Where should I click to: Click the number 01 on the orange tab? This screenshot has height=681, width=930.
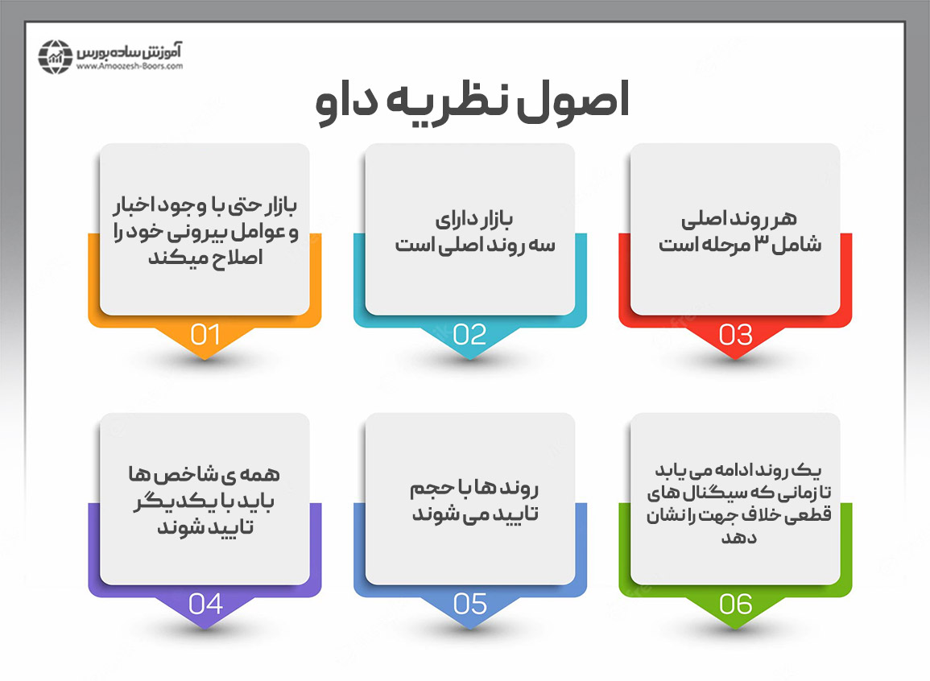205,334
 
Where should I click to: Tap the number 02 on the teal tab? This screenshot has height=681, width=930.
470,334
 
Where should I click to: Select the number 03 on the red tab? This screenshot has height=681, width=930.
735,334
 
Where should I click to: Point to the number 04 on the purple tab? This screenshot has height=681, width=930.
205,604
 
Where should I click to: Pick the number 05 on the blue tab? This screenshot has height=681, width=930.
470,604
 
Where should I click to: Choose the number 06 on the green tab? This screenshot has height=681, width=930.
735,604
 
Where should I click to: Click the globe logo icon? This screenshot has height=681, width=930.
56,56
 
